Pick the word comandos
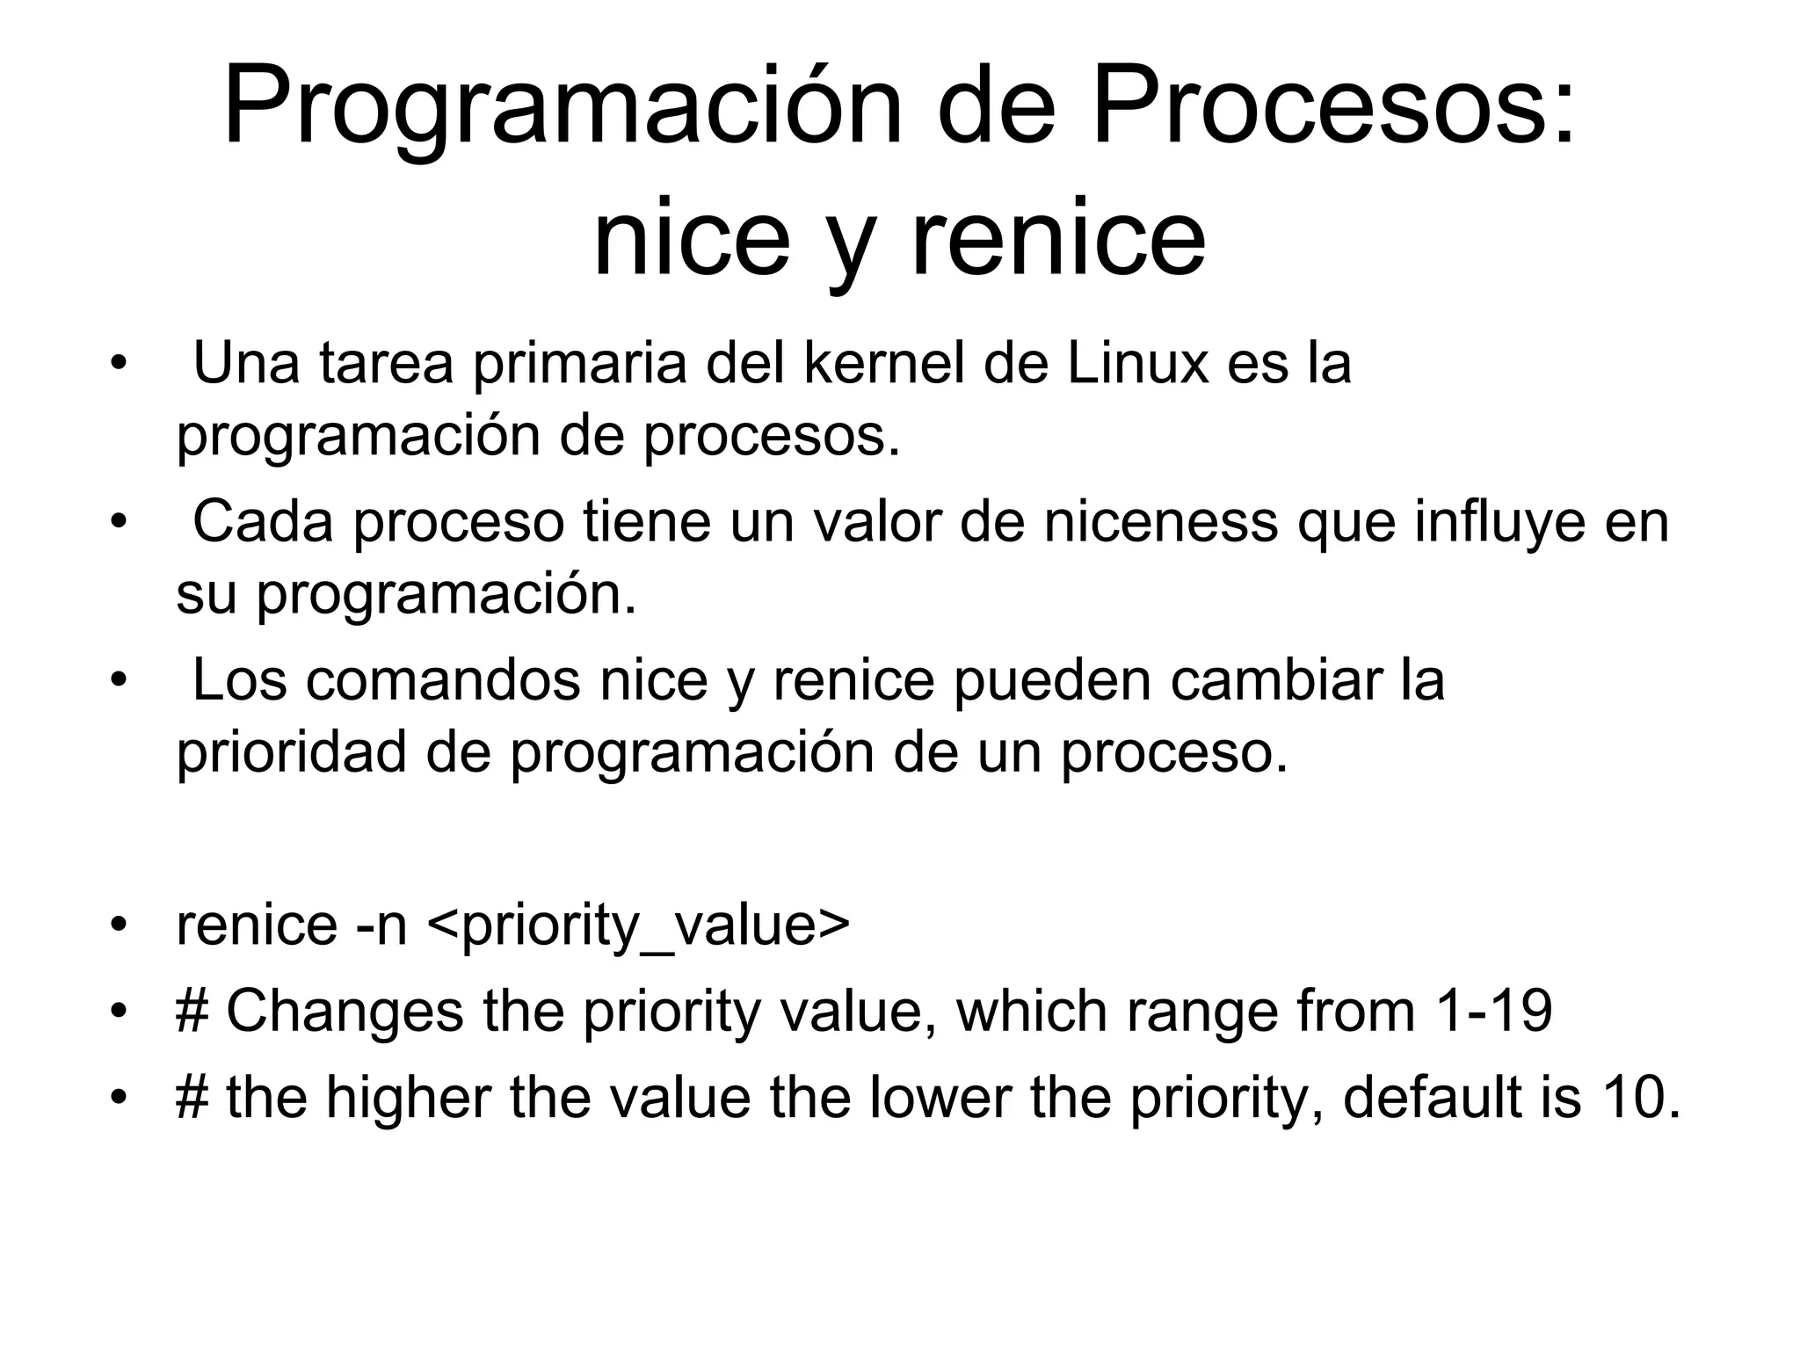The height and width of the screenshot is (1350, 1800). point(443,679)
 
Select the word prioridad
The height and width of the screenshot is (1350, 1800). point(291,752)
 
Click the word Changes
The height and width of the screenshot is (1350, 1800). point(345,1011)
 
